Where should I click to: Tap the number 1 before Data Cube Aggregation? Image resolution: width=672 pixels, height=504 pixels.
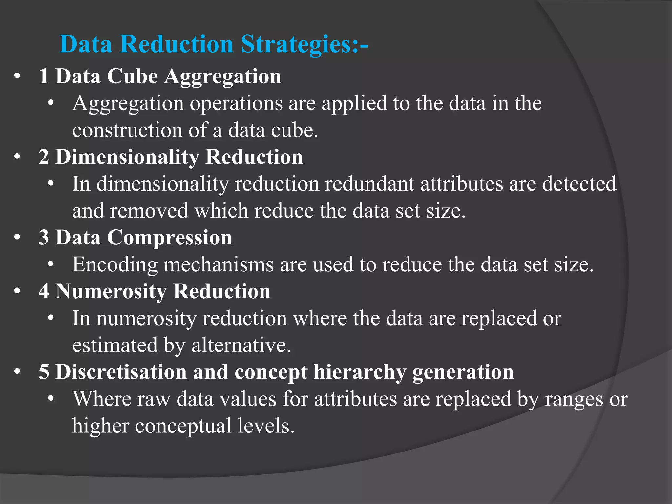44,76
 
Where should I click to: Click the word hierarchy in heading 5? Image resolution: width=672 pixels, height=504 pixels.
360,372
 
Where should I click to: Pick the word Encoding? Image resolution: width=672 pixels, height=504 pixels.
115,264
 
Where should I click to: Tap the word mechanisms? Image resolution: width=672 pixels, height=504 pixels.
218,264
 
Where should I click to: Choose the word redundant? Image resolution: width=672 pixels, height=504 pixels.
369,184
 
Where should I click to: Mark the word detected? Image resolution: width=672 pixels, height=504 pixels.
579,184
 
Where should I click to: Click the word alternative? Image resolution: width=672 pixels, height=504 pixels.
241,345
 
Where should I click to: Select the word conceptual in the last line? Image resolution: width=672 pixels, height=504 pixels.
183,426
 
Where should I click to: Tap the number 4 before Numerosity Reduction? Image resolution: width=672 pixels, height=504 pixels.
44,291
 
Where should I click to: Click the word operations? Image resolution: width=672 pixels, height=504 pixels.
236,104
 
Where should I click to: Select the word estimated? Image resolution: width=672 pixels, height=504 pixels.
115,345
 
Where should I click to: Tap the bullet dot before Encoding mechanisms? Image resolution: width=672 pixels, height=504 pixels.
51,264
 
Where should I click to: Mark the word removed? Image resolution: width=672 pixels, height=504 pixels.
149,211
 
